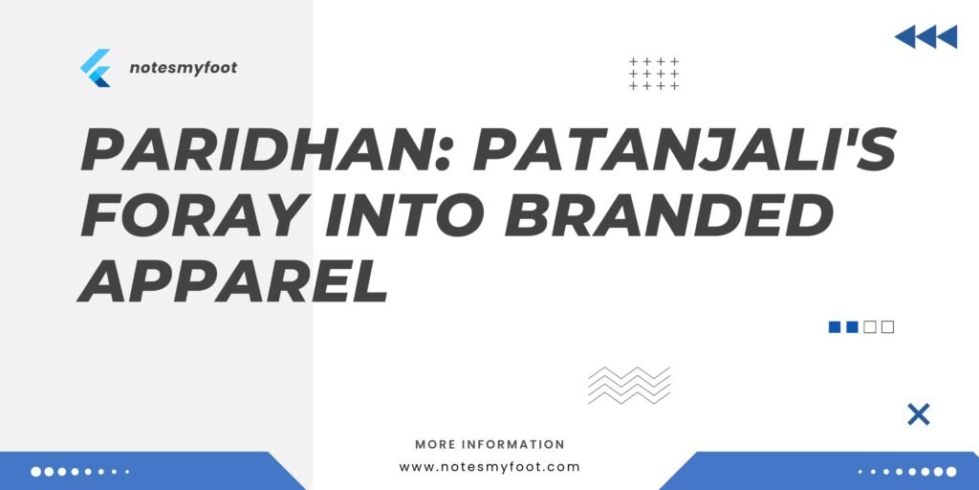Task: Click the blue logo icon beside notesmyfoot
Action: pyautogui.click(x=96, y=68)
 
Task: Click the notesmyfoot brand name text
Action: pyautogui.click(x=183, y=69)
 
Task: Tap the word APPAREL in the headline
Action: pyautogui.click(x=234, y=280)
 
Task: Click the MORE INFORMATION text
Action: pyautogui.click(x=489, y=445)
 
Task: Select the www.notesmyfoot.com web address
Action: pyautogui.click(x=489, y=467)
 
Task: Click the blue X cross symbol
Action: pyautogui.click(x=918, y=414)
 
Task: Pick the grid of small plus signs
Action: pyautogui.click(x=654, y=74)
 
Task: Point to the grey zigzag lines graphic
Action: pyautogui.click(x=629, y=385)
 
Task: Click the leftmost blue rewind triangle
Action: pyautogui.click(x=905, y=37)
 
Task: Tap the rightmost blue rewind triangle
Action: pyautogui.click(x=946, y=37)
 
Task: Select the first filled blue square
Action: pyautogui.click(x=834, y=327)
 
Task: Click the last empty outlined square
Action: pyautogui.click(x=887, y=327)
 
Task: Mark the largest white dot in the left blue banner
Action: pyautogui.click(x=36, y=472)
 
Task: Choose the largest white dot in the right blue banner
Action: pyautogui.click(x=950, y=472)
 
